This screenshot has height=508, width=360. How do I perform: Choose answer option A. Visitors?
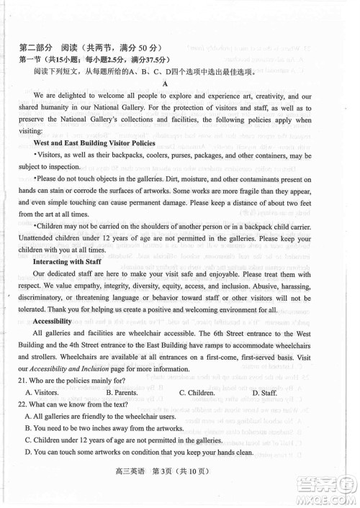click(42, 392)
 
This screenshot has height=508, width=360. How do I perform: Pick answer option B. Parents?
click(122, 392)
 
